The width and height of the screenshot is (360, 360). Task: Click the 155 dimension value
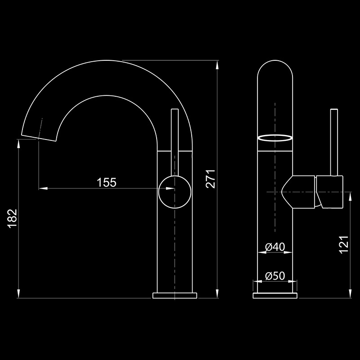coord(107,182)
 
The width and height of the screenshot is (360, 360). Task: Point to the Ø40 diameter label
coord(275,247)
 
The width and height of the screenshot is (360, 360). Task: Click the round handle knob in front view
coord(175,191)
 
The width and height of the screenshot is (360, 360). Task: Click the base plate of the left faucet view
coord(175,295)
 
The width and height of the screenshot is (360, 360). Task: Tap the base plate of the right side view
coord(275,295)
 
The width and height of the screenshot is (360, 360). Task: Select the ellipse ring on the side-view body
coord(275,138)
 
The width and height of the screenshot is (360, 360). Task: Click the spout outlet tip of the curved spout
coord(39,137)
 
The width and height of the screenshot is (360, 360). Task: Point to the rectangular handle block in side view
coord(330,192)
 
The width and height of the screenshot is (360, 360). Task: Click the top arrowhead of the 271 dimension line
coord(217,64)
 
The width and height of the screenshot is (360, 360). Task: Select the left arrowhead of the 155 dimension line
coord(42,188)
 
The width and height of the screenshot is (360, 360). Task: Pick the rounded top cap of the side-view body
coord(275,72)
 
